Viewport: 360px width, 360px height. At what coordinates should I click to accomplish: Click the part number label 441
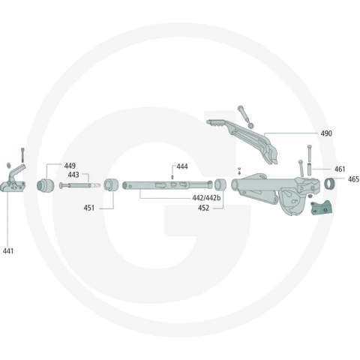pos(8,250)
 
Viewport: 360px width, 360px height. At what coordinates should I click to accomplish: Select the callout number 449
pos(70,166)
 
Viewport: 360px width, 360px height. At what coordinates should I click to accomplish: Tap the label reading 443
pos(73,175)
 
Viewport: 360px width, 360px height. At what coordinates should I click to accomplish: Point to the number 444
pos(182,166)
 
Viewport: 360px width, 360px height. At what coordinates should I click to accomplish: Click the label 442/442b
pos(206,198)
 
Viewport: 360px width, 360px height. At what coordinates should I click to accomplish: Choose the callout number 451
pos(89,208)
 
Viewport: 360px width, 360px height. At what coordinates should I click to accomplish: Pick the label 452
pos(203,208)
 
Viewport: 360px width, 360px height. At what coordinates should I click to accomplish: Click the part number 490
pos(326,133)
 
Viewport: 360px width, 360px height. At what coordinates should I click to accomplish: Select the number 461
pos(340,169)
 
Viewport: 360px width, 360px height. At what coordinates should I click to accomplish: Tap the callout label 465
pos(353,179)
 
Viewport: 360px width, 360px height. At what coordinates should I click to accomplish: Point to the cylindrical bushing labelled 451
pos(111,185)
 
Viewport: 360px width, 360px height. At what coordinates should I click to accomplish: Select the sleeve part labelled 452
pos(220,184)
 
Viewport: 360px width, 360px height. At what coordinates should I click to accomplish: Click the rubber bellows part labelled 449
pos(46,185)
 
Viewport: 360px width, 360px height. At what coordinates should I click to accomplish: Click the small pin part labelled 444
pos(172,177)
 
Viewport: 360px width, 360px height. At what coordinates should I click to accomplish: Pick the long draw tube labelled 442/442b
pos(167,185)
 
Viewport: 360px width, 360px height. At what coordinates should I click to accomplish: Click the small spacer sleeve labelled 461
pos(309,168)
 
